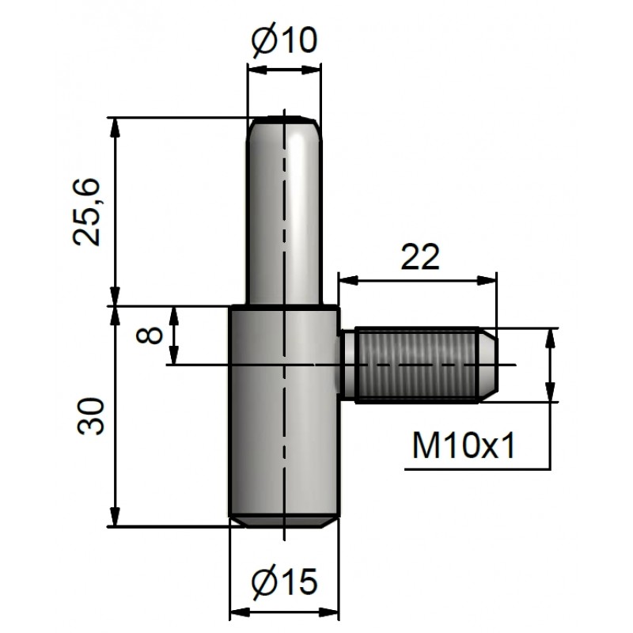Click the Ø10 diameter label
285,40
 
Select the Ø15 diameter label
285,582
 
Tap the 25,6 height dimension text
86,212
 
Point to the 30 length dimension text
90,416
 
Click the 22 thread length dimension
420,257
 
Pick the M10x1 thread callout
464,445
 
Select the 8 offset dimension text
149,335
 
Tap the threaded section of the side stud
417,365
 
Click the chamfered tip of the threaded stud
488,365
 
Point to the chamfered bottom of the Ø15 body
285,522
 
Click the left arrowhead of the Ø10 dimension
258,70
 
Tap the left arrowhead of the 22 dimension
348,280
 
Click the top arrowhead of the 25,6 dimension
116,127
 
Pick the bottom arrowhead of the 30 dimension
116,517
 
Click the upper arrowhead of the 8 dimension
174,316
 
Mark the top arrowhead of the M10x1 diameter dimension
550,339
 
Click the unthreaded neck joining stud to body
348,365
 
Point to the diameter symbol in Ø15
263,582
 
